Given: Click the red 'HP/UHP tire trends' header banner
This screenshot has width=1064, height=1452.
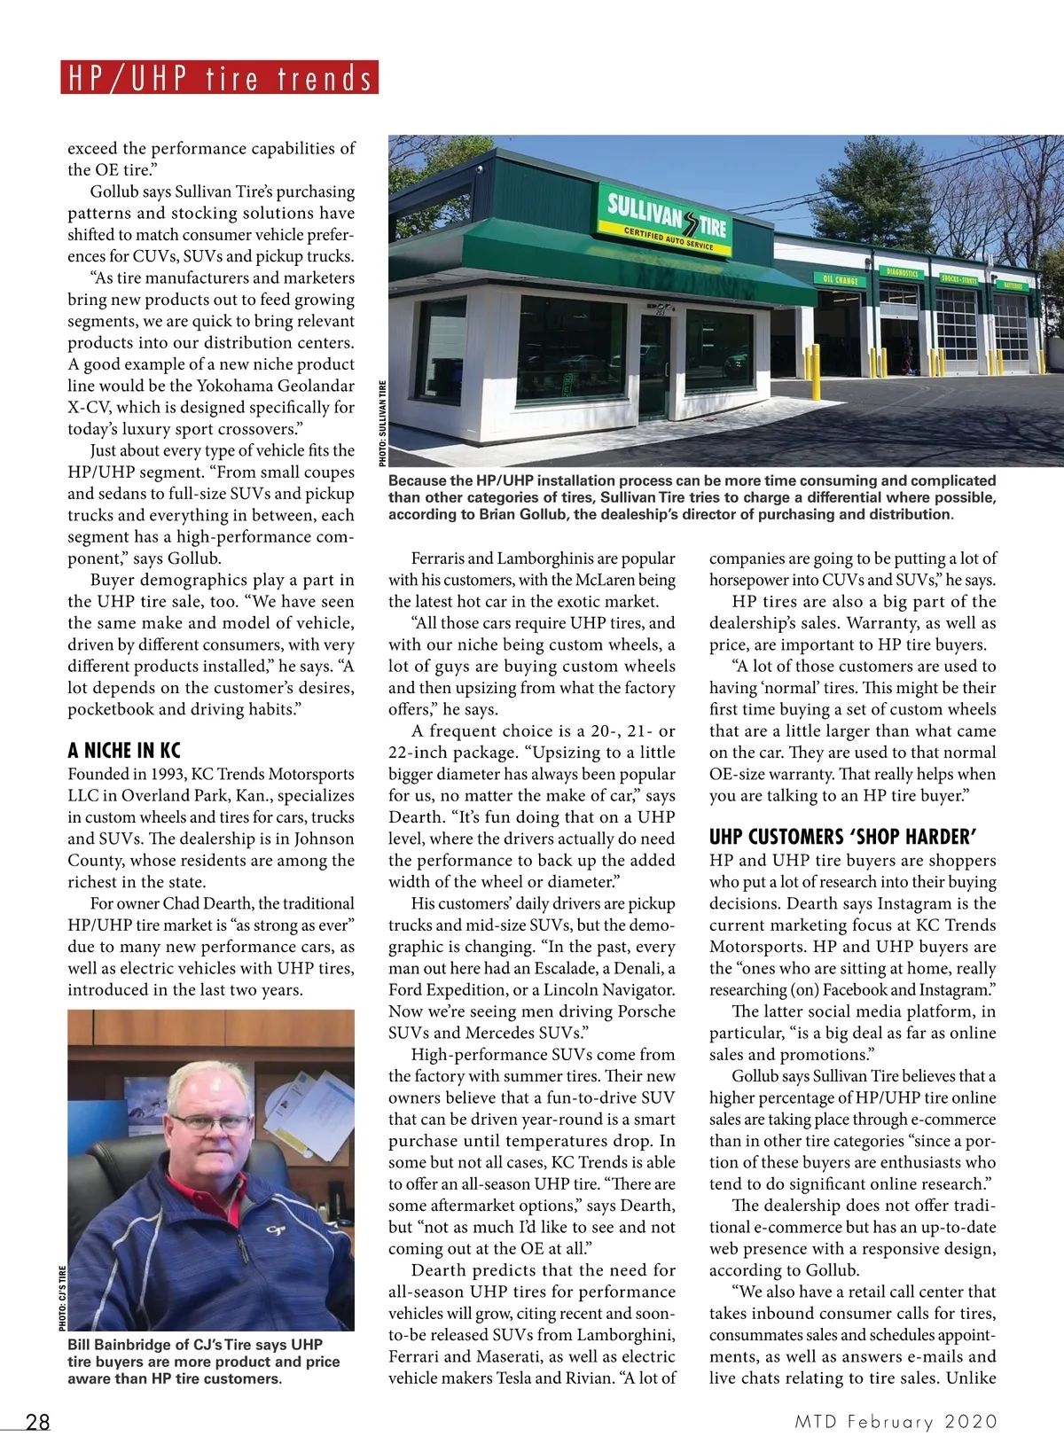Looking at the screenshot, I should point(220,78).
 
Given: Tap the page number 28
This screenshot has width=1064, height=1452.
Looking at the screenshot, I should point(38,1422).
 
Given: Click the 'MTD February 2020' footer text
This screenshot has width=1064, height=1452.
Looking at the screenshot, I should point(896,1422).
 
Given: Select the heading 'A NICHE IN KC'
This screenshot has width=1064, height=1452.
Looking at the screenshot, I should point(124,751).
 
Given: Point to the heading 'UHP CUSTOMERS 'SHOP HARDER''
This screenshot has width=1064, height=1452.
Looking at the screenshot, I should point(842,837).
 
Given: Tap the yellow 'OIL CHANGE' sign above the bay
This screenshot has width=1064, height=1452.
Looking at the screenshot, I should point(840,279).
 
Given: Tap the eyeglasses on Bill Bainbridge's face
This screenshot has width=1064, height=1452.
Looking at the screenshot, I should point(210,1122).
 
